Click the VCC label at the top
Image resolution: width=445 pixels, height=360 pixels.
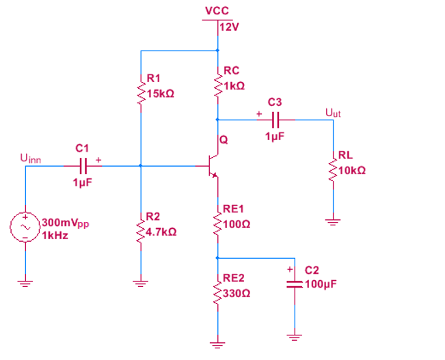click(x=217, y=11)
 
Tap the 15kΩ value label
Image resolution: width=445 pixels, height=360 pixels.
click(x=159, y=93)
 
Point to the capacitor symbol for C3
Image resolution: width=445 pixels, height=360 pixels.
click(x=275, y=119)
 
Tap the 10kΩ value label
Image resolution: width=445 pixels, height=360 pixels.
click(x=352, y=169)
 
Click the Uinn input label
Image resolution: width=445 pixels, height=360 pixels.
click(x=31, y=159)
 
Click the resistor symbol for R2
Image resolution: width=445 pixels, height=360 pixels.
click(x=140, y=227)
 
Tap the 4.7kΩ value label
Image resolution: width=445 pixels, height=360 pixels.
click(x=161, y=232)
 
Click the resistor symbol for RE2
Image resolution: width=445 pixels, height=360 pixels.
click(x=217, y=289)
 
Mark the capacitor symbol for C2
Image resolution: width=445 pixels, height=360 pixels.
click(x=295, y=283)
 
